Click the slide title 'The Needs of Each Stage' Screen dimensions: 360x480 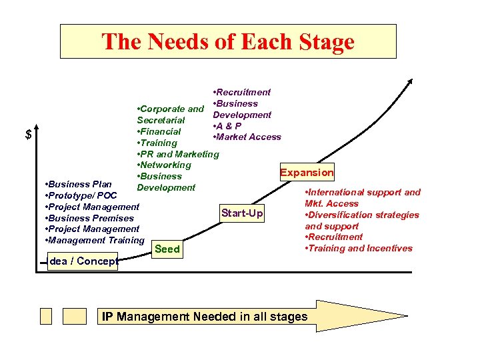click(x=228, y=42)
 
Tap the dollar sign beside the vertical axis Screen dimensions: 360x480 click(x=28, y=135)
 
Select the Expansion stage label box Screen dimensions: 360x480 click(x=307, y=173)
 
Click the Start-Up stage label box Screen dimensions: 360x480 click(x=242, y=213)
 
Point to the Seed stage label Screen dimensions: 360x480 click(x=167, y=249)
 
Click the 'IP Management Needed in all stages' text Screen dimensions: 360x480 click(x=205, y=316)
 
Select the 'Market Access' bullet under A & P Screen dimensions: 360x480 click(x=246, y=137)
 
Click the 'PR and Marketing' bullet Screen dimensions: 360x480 click(x=177, y=154)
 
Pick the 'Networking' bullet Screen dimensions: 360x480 click(x=164, y=165)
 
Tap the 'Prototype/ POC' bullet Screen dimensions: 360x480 click(x=80, y=195)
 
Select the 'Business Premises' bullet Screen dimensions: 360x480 click(x=89, y=218)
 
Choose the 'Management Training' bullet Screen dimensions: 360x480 click(x=94, y=240)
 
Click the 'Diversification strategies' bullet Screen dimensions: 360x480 click(x=362, y=215)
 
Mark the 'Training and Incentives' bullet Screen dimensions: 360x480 click(x=359, y=248)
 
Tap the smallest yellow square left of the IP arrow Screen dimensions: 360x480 click(x=45, y=316)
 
